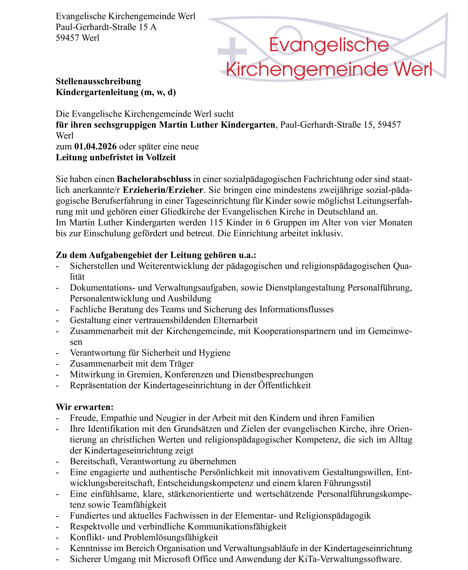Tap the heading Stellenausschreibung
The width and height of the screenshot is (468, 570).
[x=98, y=81]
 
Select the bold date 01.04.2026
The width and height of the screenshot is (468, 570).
[x=95, y=147]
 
